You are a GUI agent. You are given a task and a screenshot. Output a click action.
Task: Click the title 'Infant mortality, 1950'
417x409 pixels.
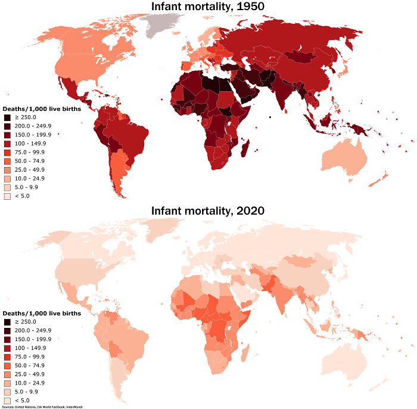tap(208, 7)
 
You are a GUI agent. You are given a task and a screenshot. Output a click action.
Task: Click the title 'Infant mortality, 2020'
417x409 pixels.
tap(208, 210)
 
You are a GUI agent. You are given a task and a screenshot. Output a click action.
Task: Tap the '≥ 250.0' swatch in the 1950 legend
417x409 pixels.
tap(7, 117)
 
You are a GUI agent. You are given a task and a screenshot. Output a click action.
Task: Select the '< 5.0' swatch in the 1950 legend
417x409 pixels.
tap(7, 196)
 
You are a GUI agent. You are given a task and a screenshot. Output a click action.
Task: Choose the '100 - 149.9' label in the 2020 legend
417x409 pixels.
tap(27, 348)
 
